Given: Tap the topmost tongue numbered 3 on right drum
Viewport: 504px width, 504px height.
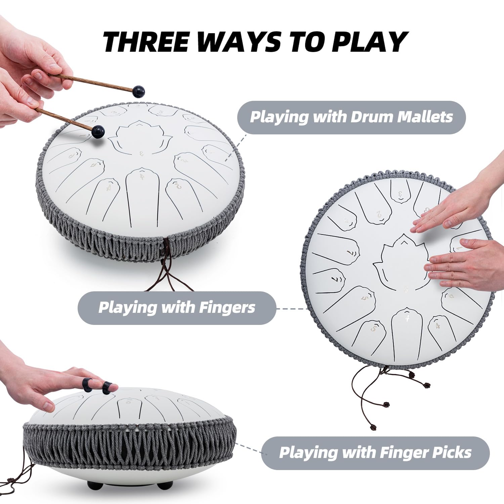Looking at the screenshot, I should click(401, 193).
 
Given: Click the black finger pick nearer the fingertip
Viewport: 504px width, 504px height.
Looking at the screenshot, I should click(107, 387).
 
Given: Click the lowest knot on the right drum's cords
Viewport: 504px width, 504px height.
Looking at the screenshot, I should click(373, 427).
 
